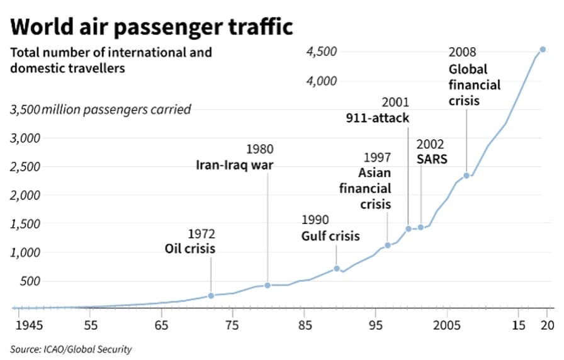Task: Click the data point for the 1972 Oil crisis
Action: click(x=211, y=295)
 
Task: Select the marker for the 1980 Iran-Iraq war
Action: click(x=268, y=285)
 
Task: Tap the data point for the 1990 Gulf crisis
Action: click(x=337, y=269)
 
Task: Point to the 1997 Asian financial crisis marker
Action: click(x=388, y=245)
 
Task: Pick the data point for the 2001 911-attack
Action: click(x=409, y=228)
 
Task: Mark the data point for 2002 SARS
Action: click(x=420, y=227)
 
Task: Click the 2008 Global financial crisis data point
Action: click(x=466, y=176)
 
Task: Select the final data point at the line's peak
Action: click(x=543, y=49)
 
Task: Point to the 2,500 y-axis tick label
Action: click(x=25, y=167)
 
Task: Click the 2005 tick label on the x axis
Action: click(x=446, y=325)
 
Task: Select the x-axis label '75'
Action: click(x=232, y=325)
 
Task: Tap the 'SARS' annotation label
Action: click(x=432, y=159)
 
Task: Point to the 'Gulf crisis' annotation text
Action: click(x=330, y=236)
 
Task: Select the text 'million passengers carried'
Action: click(x=116, y=110)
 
